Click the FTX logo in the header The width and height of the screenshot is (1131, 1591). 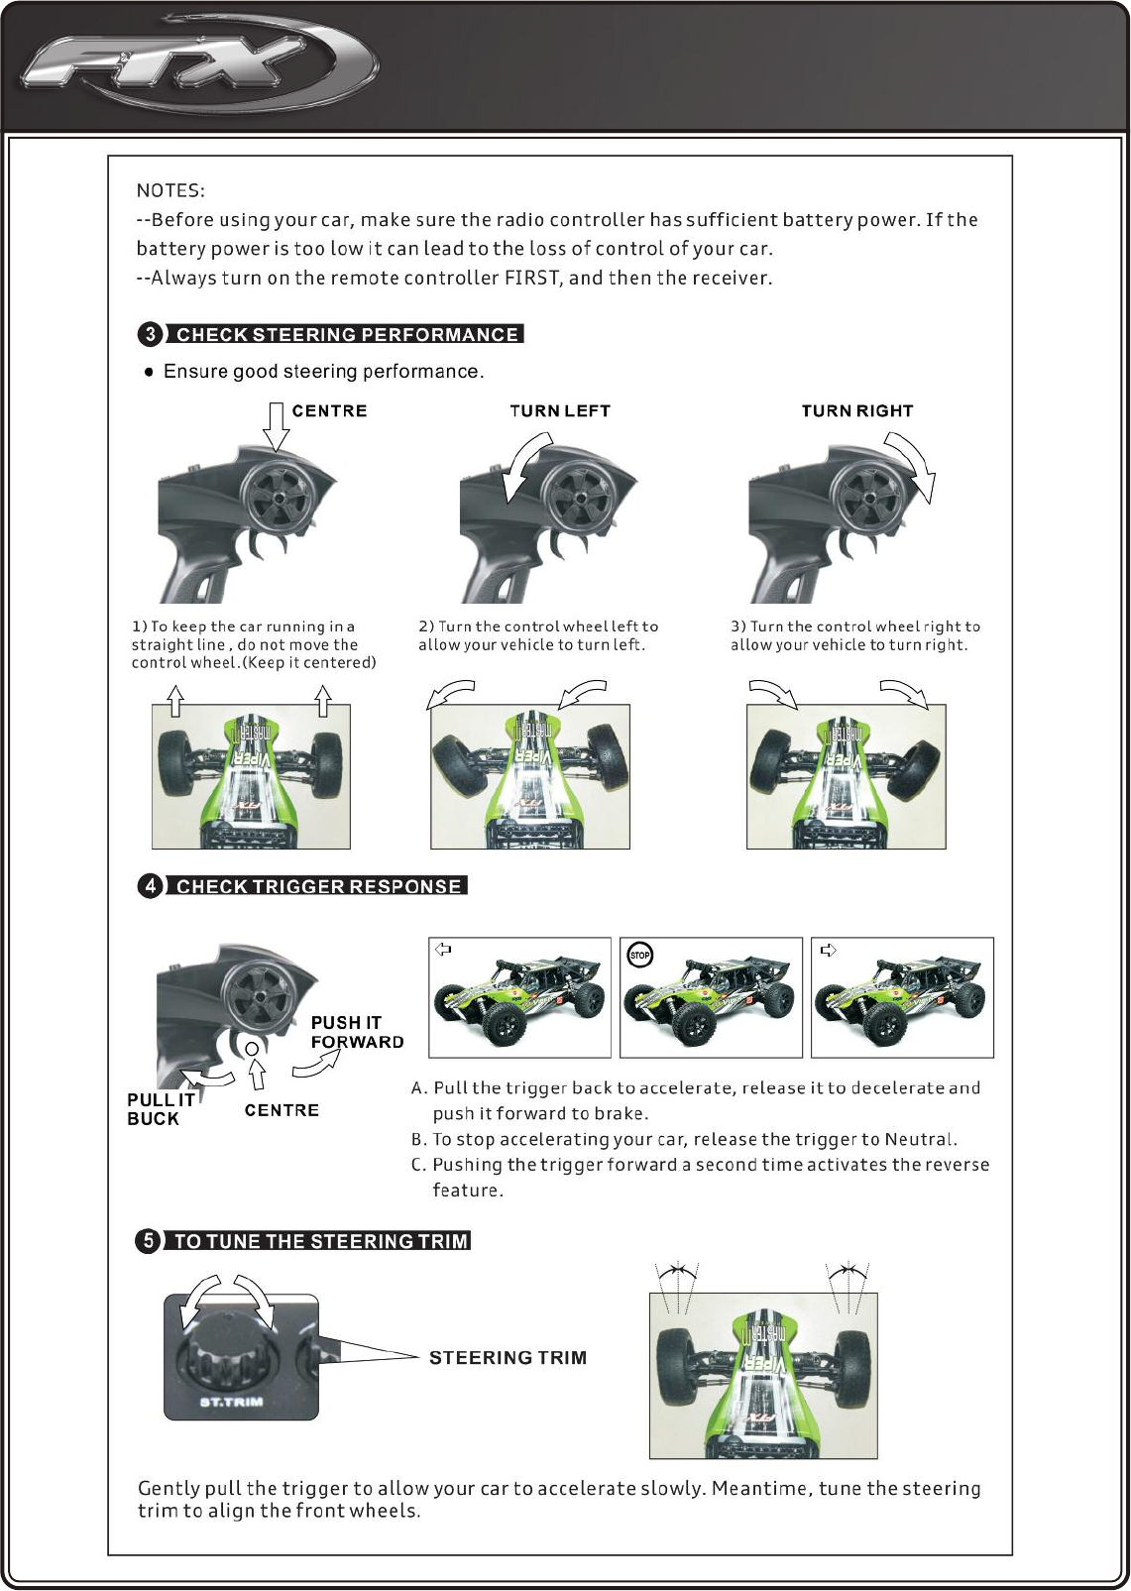198,67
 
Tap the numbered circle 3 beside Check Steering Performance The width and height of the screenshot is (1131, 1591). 150,334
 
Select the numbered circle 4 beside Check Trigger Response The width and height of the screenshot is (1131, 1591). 150,886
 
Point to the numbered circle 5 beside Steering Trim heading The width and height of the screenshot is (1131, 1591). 148,1240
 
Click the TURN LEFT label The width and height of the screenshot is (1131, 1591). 560,411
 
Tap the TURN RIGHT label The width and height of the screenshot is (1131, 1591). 857,411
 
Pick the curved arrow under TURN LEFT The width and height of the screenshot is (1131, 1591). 525,469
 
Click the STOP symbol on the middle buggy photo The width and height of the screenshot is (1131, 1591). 640,956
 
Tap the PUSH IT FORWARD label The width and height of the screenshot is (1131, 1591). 357,1032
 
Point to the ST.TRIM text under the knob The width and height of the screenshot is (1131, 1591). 231,1402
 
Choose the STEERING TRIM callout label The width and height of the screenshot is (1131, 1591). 508,1358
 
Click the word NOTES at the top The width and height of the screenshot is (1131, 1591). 170,190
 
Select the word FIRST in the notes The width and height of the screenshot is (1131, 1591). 533,278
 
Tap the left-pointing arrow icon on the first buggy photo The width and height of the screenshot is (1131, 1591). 443,950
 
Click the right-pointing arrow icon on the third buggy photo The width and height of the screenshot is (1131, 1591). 828,950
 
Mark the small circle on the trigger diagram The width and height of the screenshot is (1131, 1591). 252,1048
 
